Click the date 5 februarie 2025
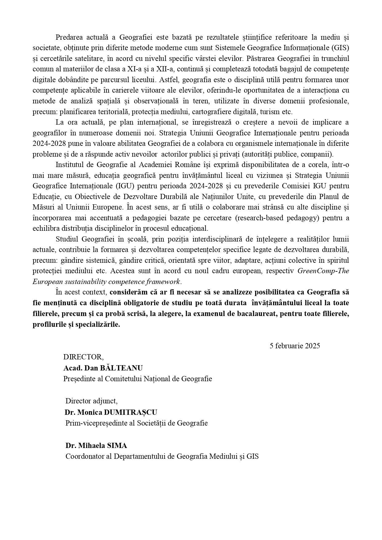[295, 346]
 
